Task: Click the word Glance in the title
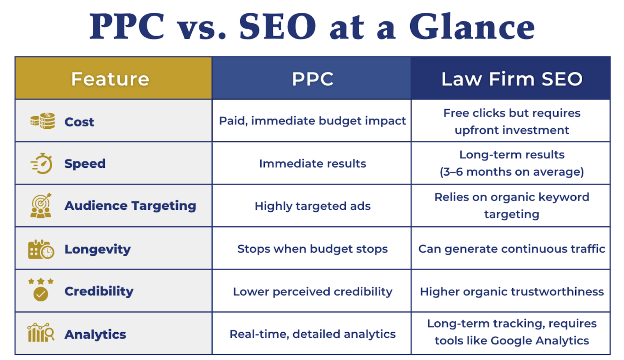472,27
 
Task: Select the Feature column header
110,79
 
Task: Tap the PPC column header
312,79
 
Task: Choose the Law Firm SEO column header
512,79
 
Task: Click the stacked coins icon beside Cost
43,121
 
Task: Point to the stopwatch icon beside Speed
42,163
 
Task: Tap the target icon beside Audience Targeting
41,206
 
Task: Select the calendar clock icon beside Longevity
41,249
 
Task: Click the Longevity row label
97,249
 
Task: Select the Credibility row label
99,291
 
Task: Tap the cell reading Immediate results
312,163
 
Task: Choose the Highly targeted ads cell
312,206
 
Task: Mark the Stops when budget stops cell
312,249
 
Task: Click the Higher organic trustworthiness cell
512,291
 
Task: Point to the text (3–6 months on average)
512,172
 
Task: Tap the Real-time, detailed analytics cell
312,334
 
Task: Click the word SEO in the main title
277,27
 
